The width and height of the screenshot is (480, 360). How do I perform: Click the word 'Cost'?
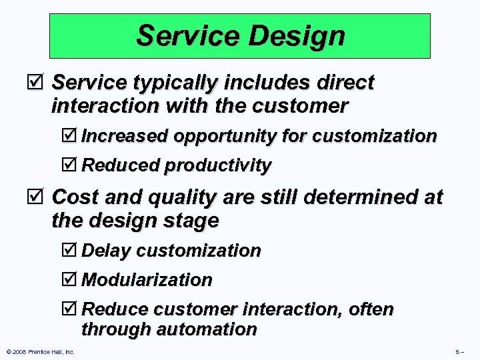point(73,197)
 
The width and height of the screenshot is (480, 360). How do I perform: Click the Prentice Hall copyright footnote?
point(40,351)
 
